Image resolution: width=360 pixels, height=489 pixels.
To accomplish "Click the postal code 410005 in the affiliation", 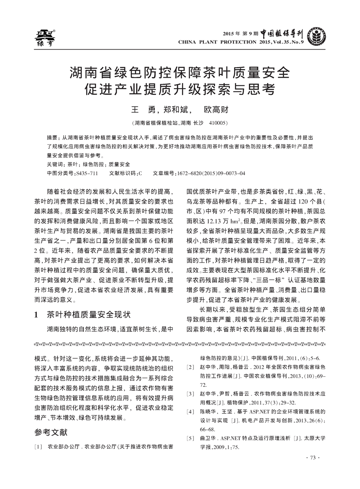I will click(218, 123).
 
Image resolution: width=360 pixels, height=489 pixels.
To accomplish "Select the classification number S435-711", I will click(86, 173).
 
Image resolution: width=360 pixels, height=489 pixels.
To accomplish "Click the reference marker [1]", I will click(39, 447).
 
